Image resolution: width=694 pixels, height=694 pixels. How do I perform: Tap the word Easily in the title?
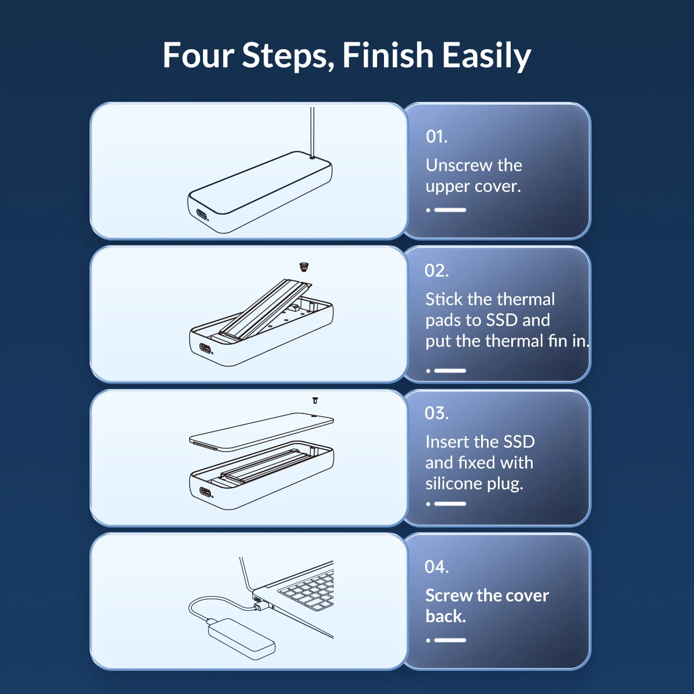coord(486,56)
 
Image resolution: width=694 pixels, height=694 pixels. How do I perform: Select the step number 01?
coord(437,136)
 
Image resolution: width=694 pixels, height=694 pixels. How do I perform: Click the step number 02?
coord(437,271)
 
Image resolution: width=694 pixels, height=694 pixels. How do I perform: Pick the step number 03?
coord(437,413)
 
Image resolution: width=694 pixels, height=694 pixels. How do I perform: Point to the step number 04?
coord(437,567)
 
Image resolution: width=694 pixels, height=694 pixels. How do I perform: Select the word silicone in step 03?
coord(453,483)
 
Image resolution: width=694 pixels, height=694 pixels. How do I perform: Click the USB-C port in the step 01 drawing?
coord(202,215)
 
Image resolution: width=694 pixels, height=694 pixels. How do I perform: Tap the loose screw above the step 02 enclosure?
coord(304,267)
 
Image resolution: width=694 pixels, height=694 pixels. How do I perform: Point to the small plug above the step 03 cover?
coord(315,400)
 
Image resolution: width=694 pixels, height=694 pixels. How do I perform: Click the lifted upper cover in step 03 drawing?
coord(261,431)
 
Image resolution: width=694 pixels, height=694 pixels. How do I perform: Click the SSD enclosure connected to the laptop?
coord(242,640)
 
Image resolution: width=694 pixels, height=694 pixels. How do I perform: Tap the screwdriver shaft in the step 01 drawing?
coord(312,132)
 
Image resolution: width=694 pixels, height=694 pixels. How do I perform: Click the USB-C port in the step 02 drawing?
coord(205,349)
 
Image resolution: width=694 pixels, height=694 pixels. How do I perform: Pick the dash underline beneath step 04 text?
coord(450,640)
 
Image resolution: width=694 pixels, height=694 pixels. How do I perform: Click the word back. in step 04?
coord(446,617)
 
